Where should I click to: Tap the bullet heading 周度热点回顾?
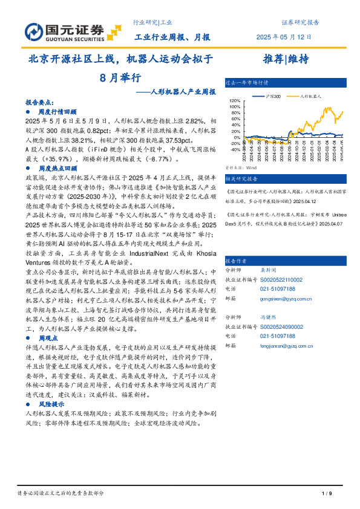(x=57, y=168)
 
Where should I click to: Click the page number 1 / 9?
(x=327, y=493)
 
